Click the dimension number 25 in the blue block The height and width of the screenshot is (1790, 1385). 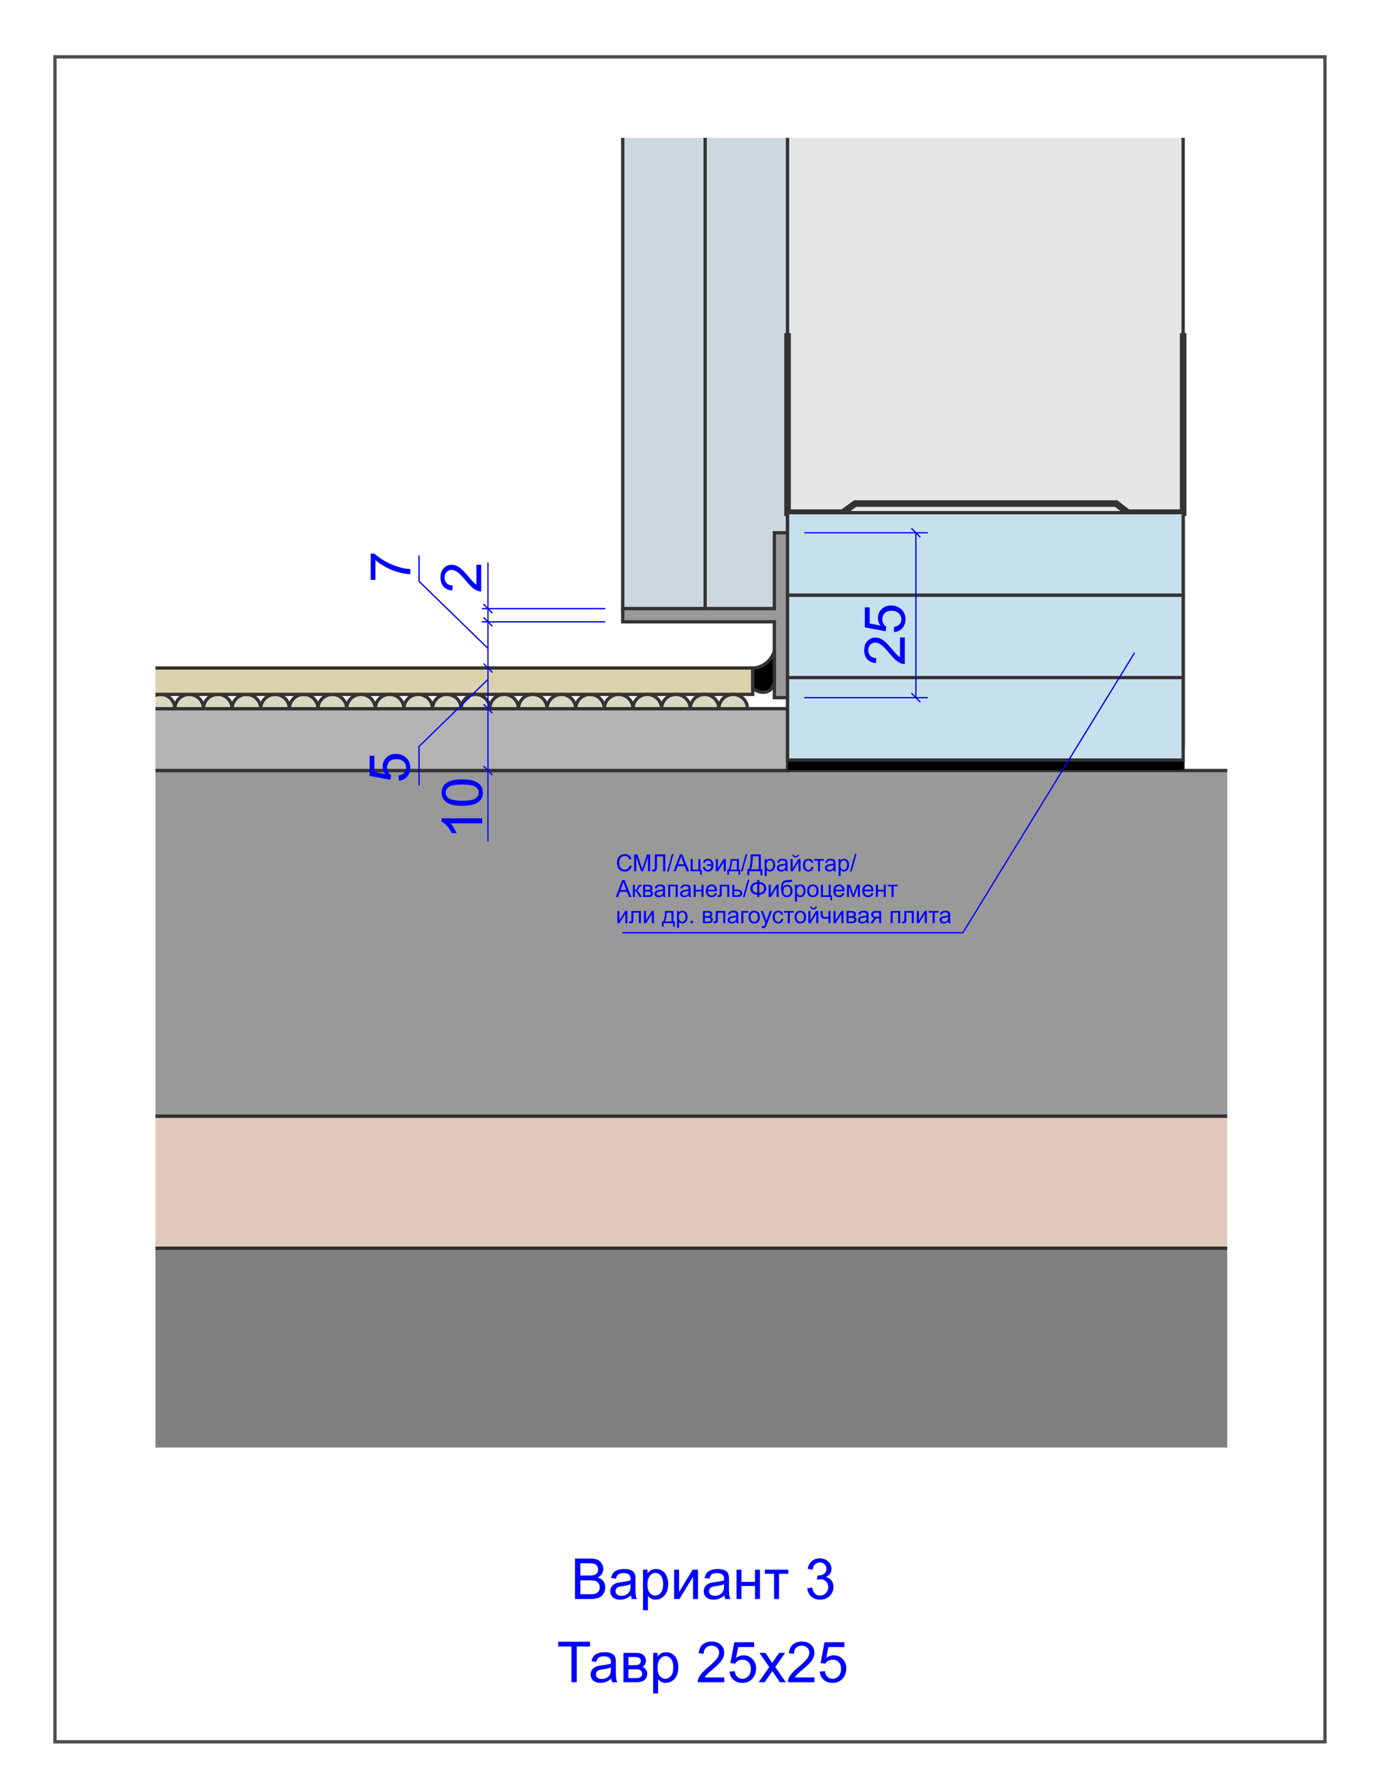click(885, 634)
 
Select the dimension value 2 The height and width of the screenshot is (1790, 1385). click(461, 577)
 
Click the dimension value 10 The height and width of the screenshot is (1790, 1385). click(461, 806)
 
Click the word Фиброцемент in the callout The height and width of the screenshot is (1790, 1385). click(824, 890)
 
